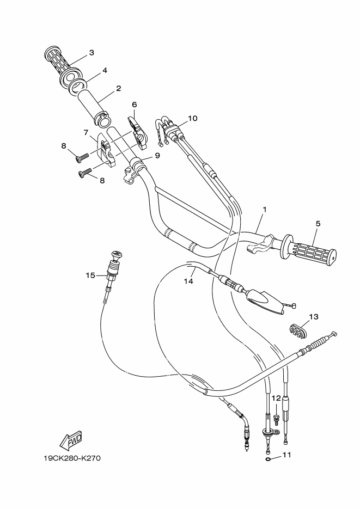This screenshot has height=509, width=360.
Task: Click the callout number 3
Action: (91, 53)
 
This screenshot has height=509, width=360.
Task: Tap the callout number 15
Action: (90, 275)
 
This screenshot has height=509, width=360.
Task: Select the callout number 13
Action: (314, 316)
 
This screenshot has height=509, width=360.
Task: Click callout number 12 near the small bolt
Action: (276, 398)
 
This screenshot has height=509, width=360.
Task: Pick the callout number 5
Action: (318, 223)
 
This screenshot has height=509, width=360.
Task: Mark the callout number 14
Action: (188, 281)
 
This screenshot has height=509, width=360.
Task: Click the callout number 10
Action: (192, 118)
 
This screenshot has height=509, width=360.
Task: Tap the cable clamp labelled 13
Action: (297, 330)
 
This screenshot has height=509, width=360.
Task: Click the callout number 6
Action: (134, 105)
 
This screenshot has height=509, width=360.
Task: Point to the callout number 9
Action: (157, 155)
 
